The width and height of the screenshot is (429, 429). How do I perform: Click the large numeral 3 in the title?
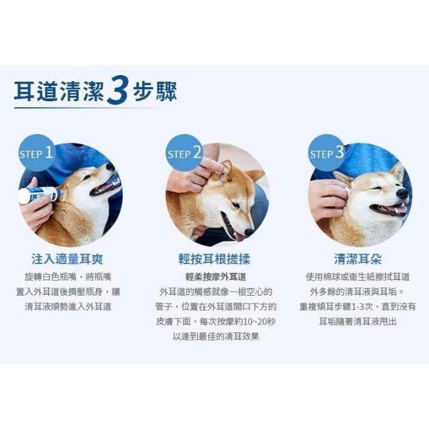pos(117,90)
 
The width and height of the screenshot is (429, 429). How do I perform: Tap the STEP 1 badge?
pos(36,153)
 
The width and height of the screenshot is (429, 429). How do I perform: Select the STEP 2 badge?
pos(184,153)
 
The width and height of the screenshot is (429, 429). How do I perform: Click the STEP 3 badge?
pos(326,153)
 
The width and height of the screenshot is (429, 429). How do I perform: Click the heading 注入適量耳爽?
pos(67,259)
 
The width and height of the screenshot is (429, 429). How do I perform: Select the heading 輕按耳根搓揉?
pos(214,259)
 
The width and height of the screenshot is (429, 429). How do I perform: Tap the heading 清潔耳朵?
pos(357,259)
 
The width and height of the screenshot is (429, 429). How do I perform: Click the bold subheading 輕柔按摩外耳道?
pos(216,277)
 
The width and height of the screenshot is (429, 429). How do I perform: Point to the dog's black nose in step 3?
pos(402,194)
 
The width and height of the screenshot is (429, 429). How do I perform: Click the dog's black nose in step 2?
pos(249,233)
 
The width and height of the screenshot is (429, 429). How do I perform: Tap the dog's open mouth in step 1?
pos(105,187)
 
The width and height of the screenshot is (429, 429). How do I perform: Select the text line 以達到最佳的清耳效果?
pos(216,336)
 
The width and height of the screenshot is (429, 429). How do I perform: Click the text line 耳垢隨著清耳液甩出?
pos(357,322)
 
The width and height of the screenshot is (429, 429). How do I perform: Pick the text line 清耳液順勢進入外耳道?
pos(68,307)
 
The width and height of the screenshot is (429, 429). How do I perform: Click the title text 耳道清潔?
pos(59,91)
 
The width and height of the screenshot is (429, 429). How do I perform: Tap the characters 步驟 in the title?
pos(155,91)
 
